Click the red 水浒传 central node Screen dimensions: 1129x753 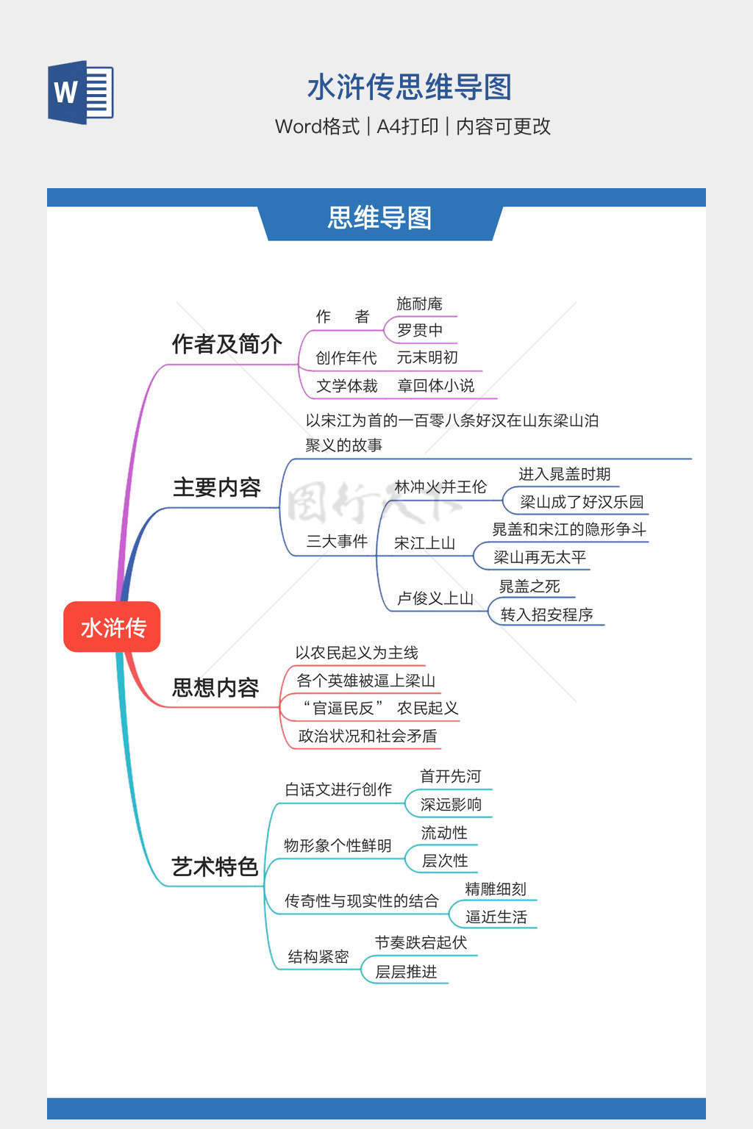click(x=112, y=627)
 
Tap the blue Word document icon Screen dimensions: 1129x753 click(x=81, y=93)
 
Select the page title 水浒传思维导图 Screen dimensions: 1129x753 click(x=409, y=87)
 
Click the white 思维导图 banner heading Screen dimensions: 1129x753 click(x=379, y=218)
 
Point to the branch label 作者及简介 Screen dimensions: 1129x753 click(x=226, y=343)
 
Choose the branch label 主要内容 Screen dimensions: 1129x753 click(x=217, y=487)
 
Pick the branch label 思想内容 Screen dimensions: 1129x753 click(x=215, y=687)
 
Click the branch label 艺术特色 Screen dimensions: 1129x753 click(x=215, y=867)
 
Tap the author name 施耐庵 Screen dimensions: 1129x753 click(x=419, y=304)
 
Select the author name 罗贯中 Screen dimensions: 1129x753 click(x=420, y=331)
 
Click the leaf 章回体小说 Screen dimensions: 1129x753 click(x=436, y=386)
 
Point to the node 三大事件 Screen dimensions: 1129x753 click(x=337, y=542)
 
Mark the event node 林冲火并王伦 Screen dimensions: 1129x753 click(x=440, y=487)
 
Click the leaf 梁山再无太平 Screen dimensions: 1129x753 click(x=540, y=557)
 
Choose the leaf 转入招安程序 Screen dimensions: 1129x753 click(x=546, y=614)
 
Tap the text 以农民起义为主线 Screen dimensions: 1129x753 click(x=357, y=653)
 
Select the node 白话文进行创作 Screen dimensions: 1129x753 click(x=338, y=789)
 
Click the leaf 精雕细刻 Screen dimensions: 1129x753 click(x=496, y=889)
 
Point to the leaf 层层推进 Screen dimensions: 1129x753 click(x=406, y=972)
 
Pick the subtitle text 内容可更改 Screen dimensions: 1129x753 click(x=504, y=126)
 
